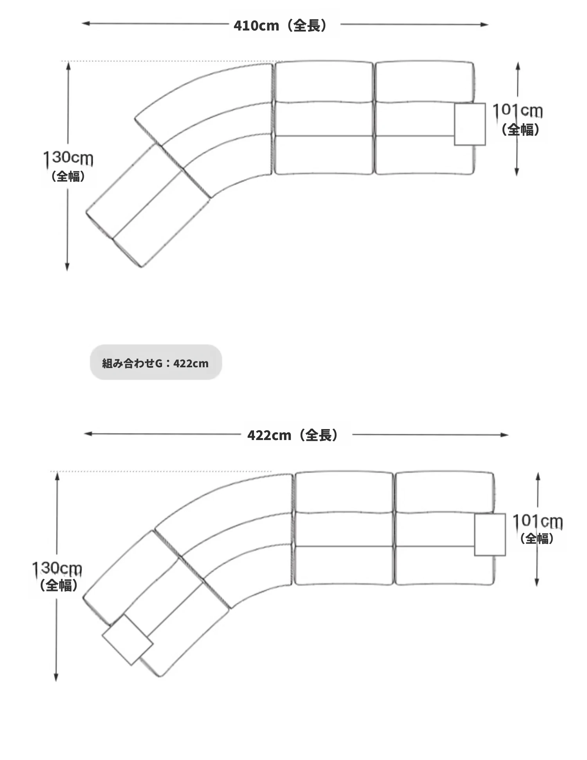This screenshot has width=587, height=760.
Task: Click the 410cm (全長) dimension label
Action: [280, 25]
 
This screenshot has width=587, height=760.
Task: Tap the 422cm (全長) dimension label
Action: [293, 435]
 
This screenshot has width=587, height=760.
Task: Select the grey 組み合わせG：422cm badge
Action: [156, 362]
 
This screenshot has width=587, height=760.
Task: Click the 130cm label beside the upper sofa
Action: [68, 158]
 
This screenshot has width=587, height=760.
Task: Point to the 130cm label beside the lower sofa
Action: [57, 568]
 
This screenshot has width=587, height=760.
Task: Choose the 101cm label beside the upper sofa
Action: [517, 111]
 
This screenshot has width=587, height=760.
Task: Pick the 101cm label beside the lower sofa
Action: [538, 521]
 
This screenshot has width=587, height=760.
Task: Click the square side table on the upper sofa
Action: [470, 124]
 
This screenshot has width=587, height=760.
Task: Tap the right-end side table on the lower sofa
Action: [490, 535]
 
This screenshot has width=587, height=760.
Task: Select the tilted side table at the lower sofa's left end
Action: [127, 640]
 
